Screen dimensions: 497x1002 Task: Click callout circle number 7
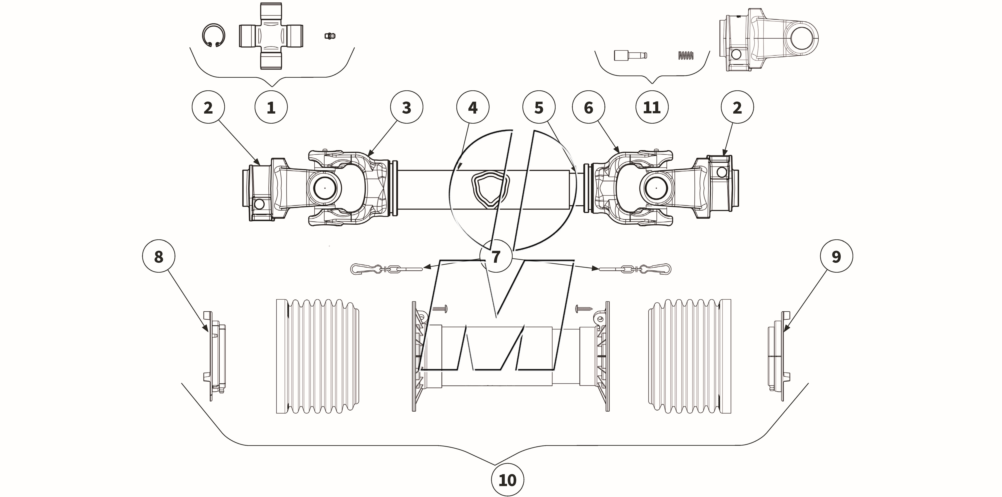point(496,256)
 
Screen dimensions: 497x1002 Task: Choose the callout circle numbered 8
point(159,256)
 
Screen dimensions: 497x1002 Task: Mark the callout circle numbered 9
point(836,256)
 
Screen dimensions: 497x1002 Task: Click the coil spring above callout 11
point(686,56)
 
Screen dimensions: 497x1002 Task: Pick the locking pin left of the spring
point(630,55)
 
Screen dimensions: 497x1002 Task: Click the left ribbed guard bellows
point(317,356)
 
